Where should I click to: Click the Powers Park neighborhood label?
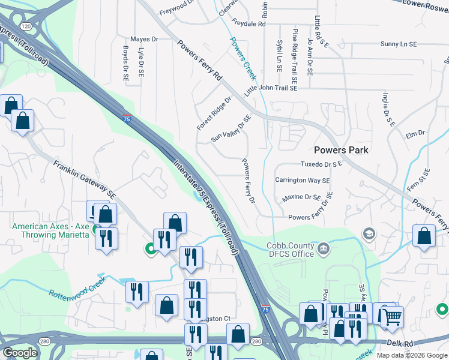click(x=341, y=150)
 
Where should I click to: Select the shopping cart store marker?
click(x=393, y=316)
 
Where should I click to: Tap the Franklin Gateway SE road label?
click(x=84, y=179)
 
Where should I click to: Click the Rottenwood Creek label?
click(x=77, y=287)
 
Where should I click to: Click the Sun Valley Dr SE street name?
click(x=230, y=129)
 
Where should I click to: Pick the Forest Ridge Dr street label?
click(x=214, y=113)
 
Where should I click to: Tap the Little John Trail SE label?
click(x=271, y=88)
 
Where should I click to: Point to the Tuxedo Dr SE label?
click(x=321, y=163)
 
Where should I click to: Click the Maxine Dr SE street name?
click(x=301, y=197)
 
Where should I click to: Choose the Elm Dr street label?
click(x=415, y=133)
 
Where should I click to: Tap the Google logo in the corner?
click(x=20, y=353)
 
